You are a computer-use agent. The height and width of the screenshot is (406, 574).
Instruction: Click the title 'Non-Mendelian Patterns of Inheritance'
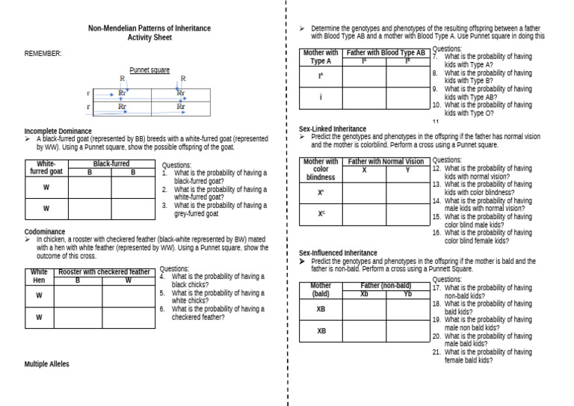point(149,28)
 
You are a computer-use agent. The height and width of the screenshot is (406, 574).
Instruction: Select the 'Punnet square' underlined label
point(149,70)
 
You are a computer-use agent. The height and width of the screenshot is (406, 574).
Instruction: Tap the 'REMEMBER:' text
point(43,53)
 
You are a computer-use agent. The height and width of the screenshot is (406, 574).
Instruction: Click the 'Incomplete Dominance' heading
point(58,131)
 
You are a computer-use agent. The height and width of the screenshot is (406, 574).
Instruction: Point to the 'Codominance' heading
point(45,232)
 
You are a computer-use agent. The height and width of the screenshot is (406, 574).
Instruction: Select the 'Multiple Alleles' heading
point(47,364)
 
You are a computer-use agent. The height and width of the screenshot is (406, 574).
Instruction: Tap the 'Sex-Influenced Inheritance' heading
point(338,253)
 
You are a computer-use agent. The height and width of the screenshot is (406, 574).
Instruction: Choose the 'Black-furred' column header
point(111,163)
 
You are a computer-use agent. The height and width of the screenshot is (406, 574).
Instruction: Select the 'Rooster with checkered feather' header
point(105,272)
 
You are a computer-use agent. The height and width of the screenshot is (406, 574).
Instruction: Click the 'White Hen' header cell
point(39,277)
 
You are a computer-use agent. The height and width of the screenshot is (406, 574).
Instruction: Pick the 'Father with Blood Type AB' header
point(386,53)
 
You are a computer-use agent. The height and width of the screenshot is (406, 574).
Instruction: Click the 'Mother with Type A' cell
point(321,57)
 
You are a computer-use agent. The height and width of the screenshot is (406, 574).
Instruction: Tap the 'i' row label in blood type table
point(321,97)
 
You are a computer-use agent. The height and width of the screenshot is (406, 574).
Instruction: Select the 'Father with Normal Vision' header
point(386,162)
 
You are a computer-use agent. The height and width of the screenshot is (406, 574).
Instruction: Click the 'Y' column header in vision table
point(407,170)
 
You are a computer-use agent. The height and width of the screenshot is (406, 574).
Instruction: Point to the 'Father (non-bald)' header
point(386,286)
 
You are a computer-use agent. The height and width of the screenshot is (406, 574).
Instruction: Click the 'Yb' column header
point(407,294)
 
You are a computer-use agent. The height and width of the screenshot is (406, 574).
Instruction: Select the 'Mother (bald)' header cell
point(321,289)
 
